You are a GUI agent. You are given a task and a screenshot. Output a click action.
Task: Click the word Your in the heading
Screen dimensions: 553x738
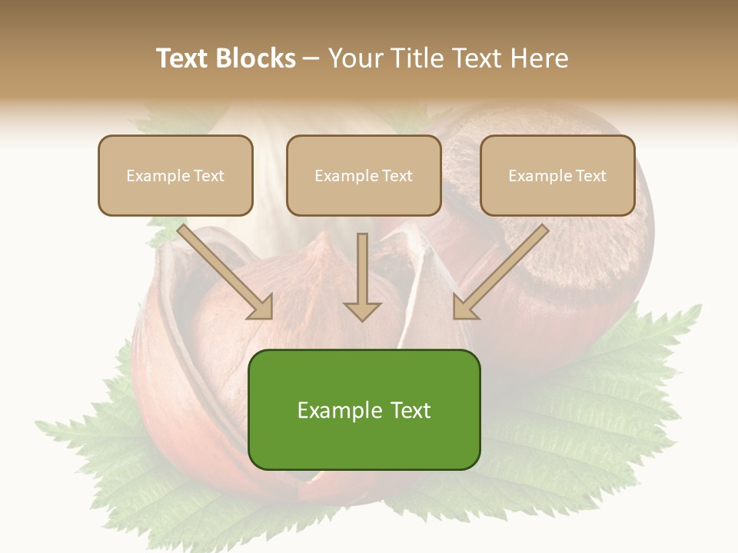pos(356,58)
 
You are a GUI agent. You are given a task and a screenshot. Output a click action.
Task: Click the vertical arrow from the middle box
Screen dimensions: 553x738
pos(362,269)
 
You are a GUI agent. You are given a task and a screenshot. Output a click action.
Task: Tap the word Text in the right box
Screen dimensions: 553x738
pos(590,176)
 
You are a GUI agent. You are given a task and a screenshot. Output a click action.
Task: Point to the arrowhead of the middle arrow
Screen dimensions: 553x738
pos(362,311)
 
